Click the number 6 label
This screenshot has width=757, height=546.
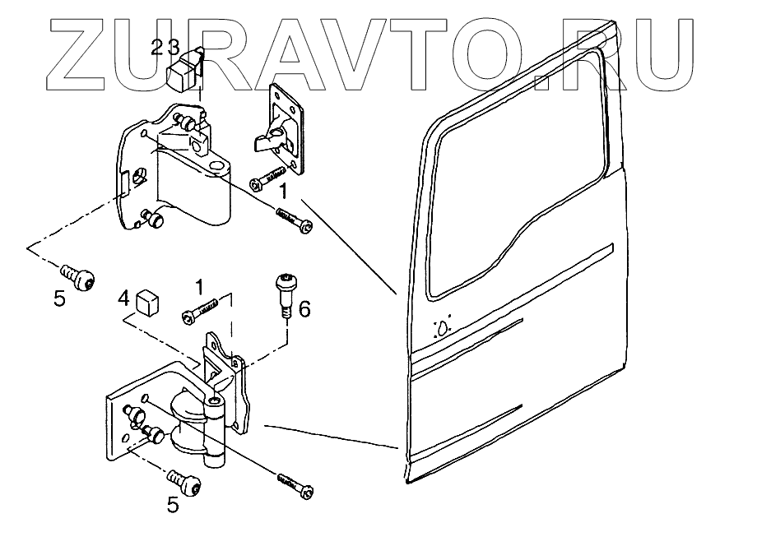pos(303,309)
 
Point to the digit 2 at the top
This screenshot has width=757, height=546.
pos(157,47)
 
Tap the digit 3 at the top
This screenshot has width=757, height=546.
pos(173,47)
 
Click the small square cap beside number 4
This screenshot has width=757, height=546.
pos(147,302)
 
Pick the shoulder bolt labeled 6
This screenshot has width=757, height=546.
pos(285,292)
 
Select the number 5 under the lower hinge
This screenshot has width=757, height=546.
pos(172,505)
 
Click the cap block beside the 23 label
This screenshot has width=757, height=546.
pos(182,75)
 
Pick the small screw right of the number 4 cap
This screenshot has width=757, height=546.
pos(201,311)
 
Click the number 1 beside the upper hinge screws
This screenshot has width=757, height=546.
pos(282,194)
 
